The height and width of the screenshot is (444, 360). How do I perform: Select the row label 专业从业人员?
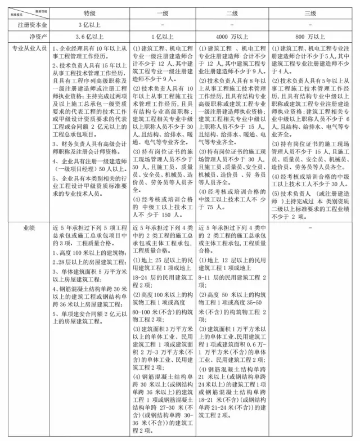pos(27,49)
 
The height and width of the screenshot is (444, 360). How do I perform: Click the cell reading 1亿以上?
pos(163,37)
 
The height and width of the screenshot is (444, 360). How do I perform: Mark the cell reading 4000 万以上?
pos(232,37)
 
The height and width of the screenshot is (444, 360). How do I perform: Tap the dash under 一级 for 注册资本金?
pos(163,25)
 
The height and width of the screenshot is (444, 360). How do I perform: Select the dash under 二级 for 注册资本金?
pos(232,25)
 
